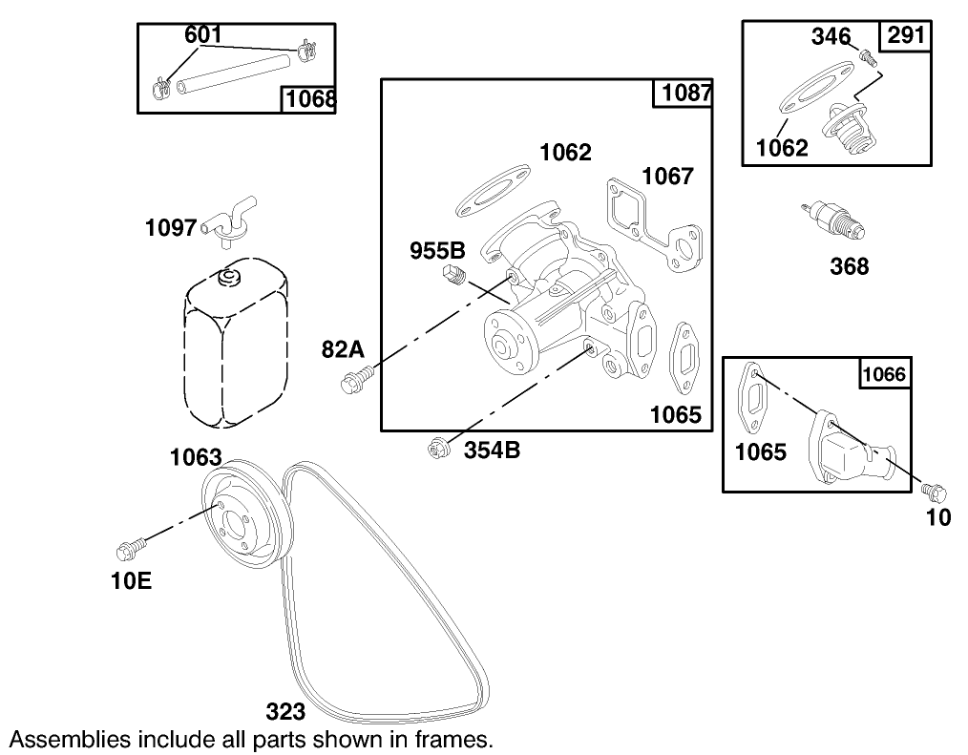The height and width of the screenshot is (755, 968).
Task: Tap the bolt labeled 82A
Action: pos(351,383)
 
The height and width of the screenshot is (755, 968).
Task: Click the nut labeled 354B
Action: pos(439,448)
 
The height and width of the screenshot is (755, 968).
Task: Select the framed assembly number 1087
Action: pos(683,94)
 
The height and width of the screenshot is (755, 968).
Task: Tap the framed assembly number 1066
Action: pos(885,373)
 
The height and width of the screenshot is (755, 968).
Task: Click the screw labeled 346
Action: pos(867,56)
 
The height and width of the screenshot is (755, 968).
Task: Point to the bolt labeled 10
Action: pos(935,493)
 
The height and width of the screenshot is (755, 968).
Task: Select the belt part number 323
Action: pos(284,711)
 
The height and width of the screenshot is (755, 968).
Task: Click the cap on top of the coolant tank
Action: pos(228,277)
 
